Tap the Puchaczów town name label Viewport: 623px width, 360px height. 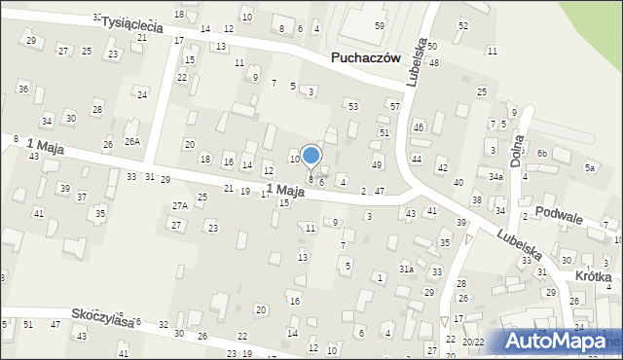tap(367, 58)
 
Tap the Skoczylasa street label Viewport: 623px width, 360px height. tap(102, 318)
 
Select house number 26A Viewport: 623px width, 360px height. tap(131, 141)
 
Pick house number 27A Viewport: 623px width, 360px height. tap(179, 205)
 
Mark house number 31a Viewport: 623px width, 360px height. tap(406, 269)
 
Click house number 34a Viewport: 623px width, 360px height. tap(495, 177)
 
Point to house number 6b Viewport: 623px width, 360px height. tap(542, 154)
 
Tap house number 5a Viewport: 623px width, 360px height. tap(589, 167)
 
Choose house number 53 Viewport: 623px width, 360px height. tap(352, 106)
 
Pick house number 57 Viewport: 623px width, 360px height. tap(394, 105)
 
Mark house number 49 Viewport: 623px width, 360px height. tap(377, 165)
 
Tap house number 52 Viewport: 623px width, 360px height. tap(462, 25)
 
